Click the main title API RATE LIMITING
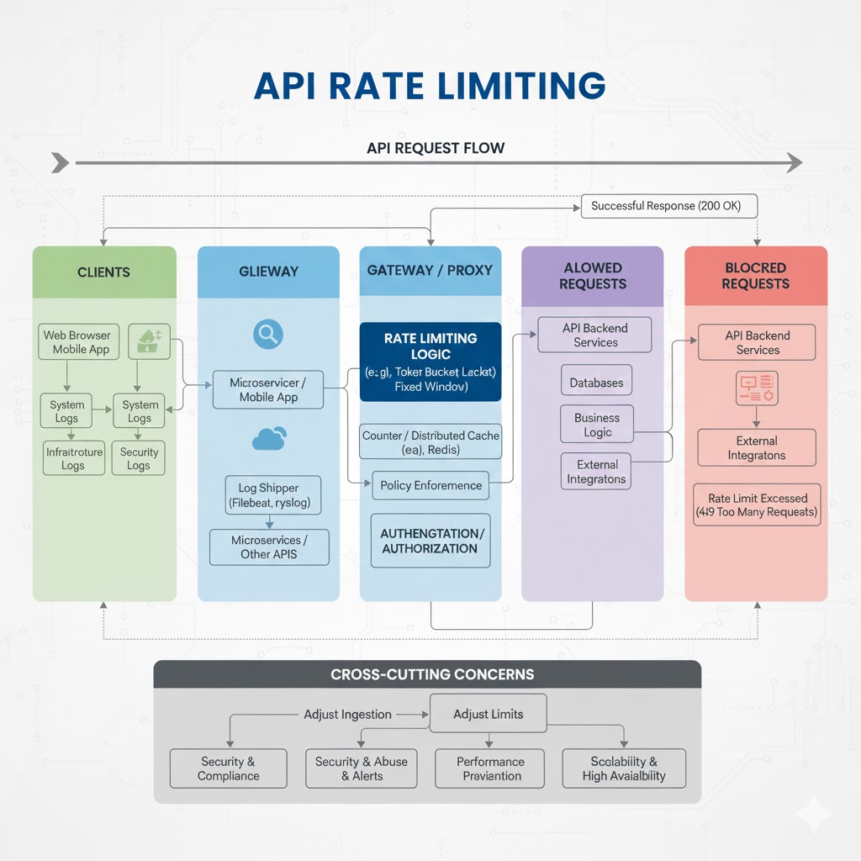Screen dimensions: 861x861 430,86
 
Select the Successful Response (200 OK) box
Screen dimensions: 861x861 665,206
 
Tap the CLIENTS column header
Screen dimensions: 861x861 104,272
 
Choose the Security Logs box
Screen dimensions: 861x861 139,458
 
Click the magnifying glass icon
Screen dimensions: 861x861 268,335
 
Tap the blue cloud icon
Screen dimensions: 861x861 268,438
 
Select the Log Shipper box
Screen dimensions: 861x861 268,495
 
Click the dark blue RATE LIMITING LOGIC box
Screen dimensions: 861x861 430,362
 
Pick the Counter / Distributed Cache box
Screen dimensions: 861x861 430,442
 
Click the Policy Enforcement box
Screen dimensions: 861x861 430,485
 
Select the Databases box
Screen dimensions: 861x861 596,383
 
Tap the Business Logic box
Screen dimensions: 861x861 597,425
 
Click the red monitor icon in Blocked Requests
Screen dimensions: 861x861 757,387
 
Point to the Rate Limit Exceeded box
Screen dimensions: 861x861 757,504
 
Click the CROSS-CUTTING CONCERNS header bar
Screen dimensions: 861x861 427,674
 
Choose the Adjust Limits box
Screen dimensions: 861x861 488,714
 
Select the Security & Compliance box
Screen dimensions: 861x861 228,769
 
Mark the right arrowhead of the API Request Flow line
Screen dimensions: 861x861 793,162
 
